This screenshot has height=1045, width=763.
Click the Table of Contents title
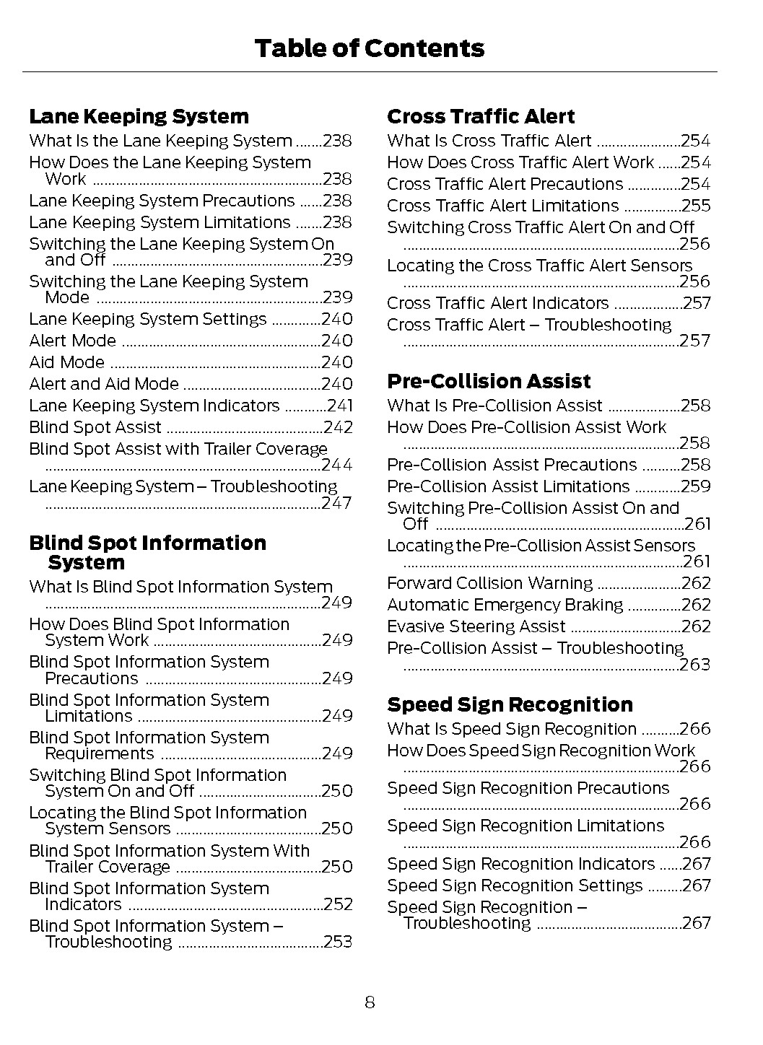tap(369, 48)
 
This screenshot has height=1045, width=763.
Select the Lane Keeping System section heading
tap(139, 117)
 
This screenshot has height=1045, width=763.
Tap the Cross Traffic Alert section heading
tap(481, 117)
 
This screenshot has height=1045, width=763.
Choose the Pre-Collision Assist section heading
tap(489, 382)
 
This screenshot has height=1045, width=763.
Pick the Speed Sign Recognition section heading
tap(510, 705)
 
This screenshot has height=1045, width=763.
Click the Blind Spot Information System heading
tap(147, 553)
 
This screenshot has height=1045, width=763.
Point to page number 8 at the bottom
tap(370, 1002)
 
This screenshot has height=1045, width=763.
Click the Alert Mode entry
tap(72, 341)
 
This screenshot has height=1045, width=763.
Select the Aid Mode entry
tap(66, 362)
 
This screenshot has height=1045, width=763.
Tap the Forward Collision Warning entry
tap(489, 583)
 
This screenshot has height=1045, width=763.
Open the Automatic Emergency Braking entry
tap(505, 605)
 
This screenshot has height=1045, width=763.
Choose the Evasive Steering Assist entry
tap(476, 626)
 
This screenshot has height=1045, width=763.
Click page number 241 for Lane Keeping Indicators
tap(339, 406)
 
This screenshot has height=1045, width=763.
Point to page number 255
tap(696, 206)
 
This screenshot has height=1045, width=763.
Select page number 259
tap(696, 486)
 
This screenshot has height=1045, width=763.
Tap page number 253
tap(338, 942)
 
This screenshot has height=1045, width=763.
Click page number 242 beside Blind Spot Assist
tap(338, 428)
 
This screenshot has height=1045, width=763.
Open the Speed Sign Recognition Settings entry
tap(514, 886)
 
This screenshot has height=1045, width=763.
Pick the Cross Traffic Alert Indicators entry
tap(497, 303)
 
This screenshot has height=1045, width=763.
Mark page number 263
tap(695, 665)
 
